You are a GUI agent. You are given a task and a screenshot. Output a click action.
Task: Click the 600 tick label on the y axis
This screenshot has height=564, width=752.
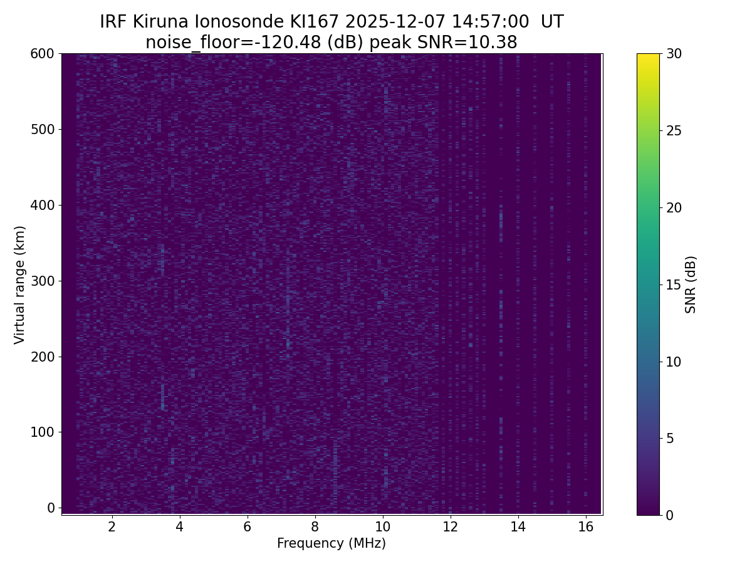click(x=43, y=54)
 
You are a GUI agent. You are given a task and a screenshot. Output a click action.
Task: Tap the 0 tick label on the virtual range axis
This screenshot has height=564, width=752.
click(x=51, y=508)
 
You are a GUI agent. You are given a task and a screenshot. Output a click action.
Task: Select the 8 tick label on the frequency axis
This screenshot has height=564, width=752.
click(x=315, y=526)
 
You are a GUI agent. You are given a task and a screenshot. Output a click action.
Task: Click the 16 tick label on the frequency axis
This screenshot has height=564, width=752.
click(x=585, y=526)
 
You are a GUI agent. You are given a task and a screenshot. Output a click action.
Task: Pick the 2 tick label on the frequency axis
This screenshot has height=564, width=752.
click(x=112, y=526)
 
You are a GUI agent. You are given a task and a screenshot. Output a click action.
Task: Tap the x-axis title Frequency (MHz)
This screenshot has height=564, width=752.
click(x=332, y=543)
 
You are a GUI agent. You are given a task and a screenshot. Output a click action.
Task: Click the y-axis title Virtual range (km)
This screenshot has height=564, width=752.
click(x=20, y=285)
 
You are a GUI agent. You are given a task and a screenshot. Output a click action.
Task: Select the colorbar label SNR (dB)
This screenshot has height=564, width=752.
click(x=691, y=285)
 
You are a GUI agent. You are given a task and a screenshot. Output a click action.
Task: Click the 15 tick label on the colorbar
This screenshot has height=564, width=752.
click(x=674, y=285)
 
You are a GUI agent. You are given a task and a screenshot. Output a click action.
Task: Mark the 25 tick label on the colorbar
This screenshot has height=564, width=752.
click(x=674, y=131)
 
